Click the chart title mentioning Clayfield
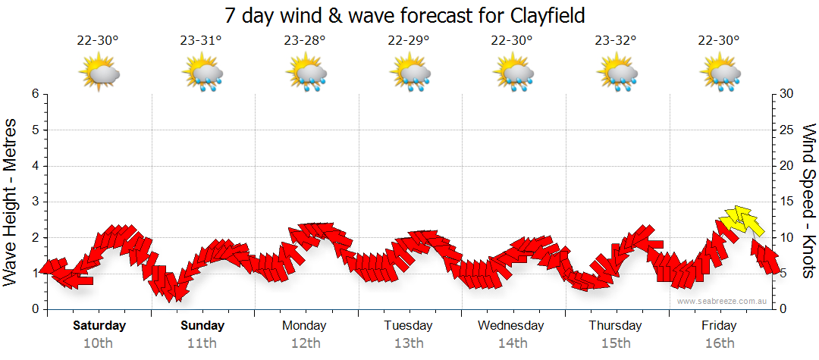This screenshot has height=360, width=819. pos(406,15)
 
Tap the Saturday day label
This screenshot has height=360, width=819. pos(99,325)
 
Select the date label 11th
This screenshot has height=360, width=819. pos(202,343)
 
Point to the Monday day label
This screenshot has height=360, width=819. pos(304,325)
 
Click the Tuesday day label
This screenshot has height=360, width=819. pos(408,325)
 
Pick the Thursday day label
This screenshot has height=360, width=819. pos(615,325)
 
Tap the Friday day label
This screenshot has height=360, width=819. pos(719,325)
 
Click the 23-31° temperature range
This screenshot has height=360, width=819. pos(201,41)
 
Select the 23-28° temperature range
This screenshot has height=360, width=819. pos(305,41)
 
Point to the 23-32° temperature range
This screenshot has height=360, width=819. pos(616,41)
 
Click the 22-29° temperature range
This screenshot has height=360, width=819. pos(409,41)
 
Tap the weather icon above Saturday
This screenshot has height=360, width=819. pos(99,74)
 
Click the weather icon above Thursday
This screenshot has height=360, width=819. pos(616,74)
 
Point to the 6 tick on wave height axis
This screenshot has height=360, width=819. pos(35,94)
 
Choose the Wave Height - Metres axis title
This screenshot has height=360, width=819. pos(11,201)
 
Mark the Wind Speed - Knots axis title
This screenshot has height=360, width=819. pos(808,201)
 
